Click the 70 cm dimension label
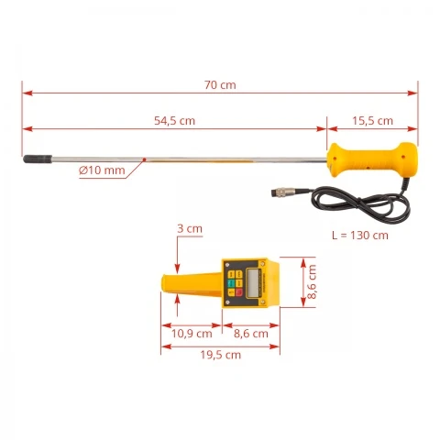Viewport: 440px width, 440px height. (x=220, y=85)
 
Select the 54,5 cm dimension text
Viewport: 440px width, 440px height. (x=174, y=121)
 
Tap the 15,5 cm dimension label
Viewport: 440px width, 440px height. (x=372, y=121)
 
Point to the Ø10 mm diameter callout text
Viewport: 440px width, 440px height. (x=102, y=170)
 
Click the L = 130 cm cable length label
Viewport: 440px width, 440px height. (x=360, y=236)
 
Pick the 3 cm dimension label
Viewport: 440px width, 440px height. (x=190, y=228)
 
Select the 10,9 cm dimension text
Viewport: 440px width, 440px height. (x=192, y=334)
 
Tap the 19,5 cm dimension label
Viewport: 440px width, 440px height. (x=221, y=355)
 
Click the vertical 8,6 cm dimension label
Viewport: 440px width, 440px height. (x=312, y=281)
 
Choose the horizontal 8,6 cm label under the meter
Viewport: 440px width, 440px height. (x=251, y=334)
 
